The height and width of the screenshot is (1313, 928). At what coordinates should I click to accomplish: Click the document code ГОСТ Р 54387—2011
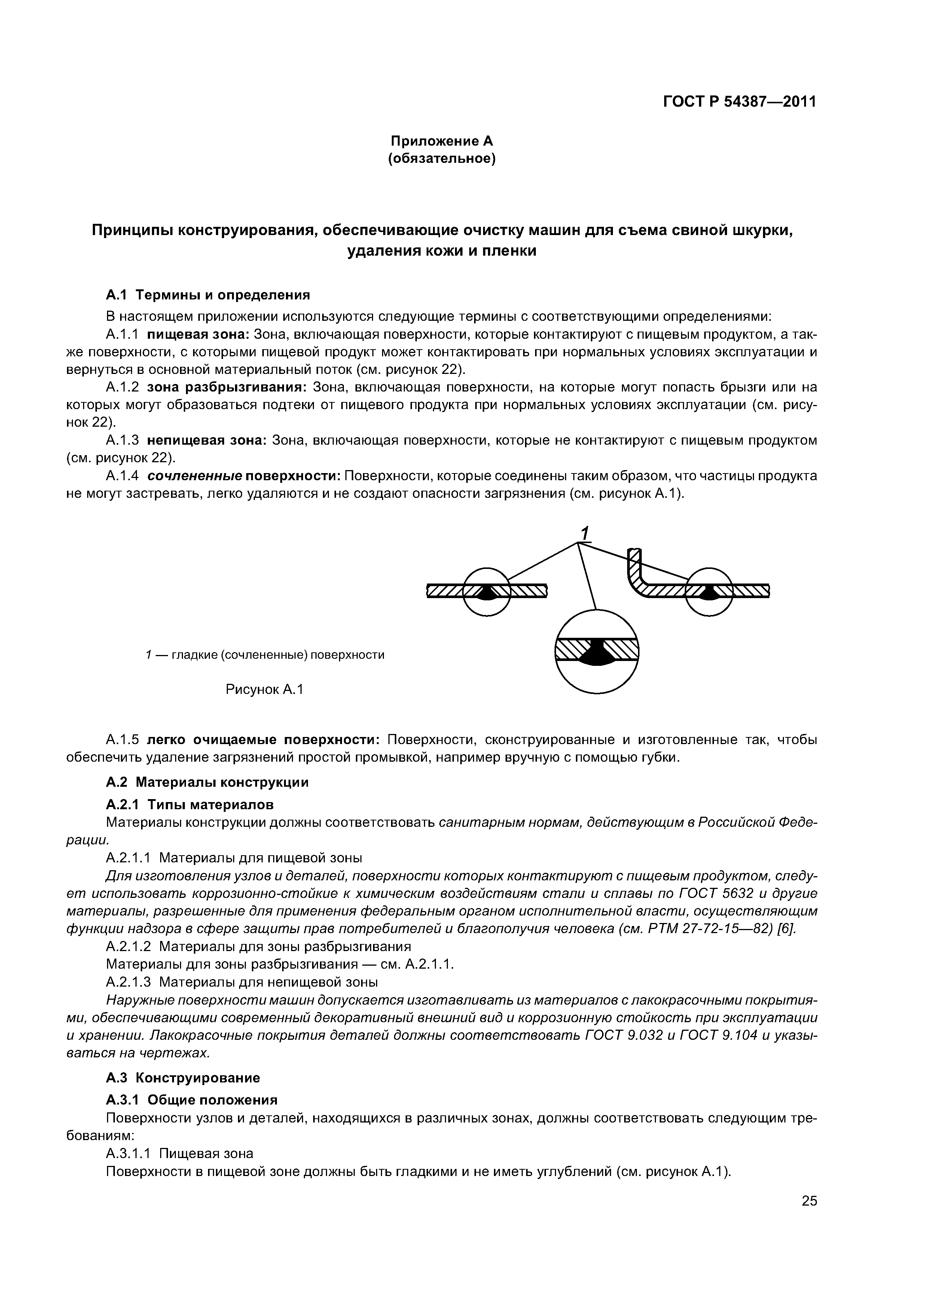click(739, 102)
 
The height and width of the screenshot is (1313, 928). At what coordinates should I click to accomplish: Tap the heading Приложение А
click(442, 141)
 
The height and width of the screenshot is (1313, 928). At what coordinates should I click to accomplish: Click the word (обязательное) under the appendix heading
click(442, 158)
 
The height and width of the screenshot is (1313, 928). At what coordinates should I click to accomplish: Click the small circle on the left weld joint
click(486, 591)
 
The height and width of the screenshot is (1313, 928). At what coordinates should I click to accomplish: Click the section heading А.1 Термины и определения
click(208, 295)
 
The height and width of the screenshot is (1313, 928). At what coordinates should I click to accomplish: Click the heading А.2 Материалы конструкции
click(207, 782)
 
